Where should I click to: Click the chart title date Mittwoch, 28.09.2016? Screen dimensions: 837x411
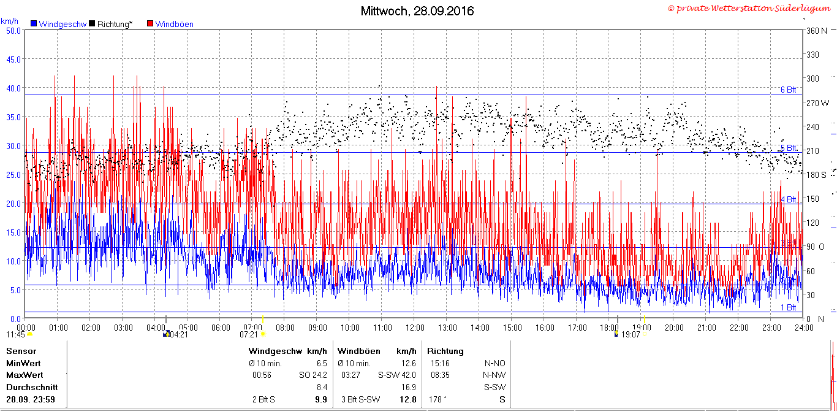[x=417, y=11]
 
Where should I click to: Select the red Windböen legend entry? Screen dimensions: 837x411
[x=170, y=24]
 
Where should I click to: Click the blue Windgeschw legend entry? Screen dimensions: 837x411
[x=59, y=24]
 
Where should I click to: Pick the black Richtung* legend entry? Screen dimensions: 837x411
[x=111, y=24]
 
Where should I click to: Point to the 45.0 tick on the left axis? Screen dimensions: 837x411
[x=13, y=60]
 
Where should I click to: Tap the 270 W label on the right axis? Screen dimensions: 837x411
[x=817, y=103]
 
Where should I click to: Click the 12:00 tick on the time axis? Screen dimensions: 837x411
[x=415, y=328]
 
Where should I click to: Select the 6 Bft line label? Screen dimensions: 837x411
[x=788, y=90]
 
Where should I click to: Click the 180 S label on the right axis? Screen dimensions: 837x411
[x=816, y=175]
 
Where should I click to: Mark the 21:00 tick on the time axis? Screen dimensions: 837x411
[x=706, y=328]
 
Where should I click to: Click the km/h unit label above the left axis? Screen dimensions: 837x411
[x=9, y=21]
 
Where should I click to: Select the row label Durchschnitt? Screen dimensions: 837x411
[x=32, y=388]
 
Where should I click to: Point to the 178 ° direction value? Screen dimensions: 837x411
[x=437, y=400]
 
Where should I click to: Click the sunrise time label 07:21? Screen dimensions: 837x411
[x=249, y=335]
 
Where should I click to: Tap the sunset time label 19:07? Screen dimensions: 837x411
[x=631, y=335]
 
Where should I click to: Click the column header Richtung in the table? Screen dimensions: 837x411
[x=445, y=351]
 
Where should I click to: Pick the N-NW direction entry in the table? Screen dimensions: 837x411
[x=494, y=375]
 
